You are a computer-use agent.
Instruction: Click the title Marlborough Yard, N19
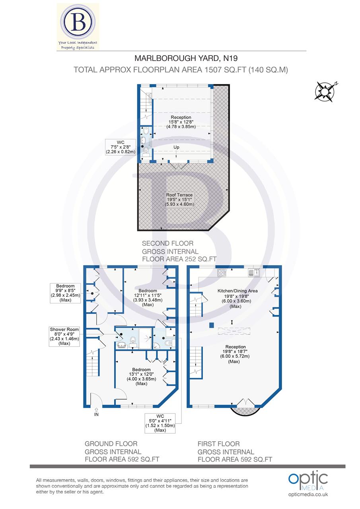coord(180,58)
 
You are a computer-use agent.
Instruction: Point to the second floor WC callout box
coord(121,147)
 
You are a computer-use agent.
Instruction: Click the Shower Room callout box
coord(64,336)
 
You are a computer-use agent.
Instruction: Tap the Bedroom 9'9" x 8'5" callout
coord(65,293)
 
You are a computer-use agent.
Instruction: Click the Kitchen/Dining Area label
coord(237,296)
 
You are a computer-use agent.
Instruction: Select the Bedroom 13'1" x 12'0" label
coord(142,376)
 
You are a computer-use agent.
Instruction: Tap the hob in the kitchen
coord(222,272)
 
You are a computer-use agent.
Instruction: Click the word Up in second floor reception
coord(176,147)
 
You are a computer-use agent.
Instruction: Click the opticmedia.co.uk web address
coord(308,495)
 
